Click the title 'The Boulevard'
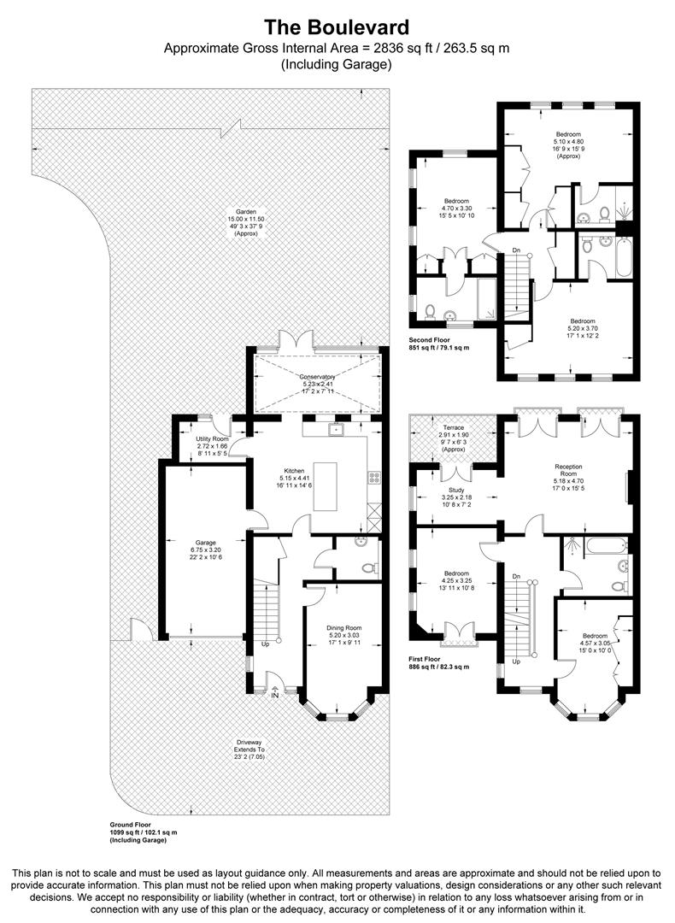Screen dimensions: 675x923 [336, 27]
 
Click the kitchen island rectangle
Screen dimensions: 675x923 [326, 486]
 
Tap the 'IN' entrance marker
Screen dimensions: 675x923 [275, 694]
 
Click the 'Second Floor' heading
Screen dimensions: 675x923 [429, 339]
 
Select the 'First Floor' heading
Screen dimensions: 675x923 [425, 659]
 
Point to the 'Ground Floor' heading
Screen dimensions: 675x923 [130, 825]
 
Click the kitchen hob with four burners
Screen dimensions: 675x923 [373, 478]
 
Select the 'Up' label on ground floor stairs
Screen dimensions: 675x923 [266, 644]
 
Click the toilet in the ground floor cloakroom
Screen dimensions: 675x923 [368, 568]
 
